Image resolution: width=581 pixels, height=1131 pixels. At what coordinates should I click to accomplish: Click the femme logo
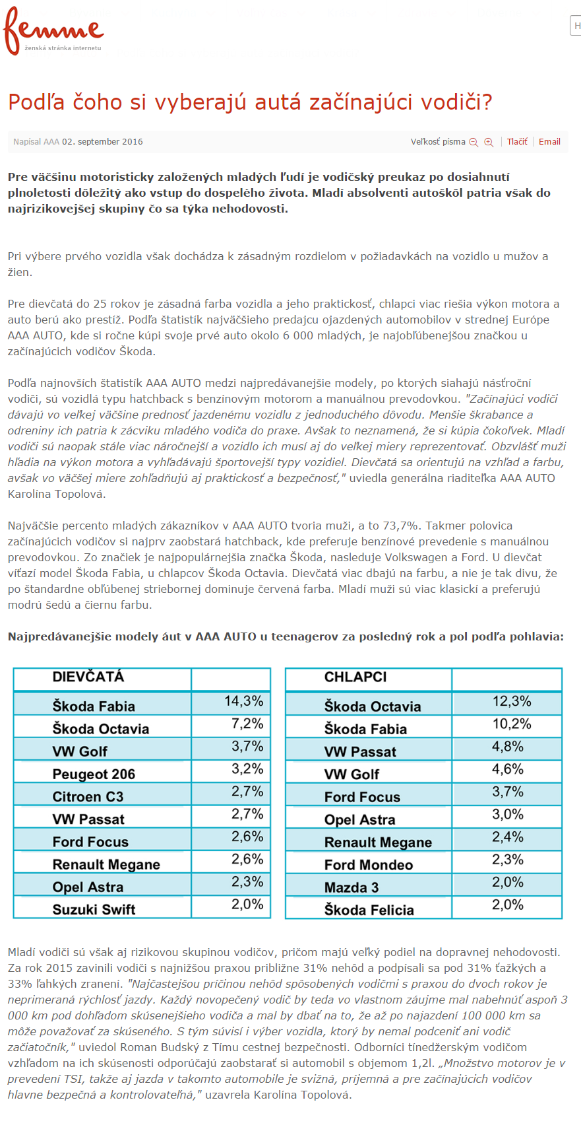point(53,30)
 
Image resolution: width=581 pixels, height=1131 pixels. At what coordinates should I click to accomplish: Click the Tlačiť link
point(517,142)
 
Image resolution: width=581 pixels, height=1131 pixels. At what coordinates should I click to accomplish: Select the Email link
point(549,142)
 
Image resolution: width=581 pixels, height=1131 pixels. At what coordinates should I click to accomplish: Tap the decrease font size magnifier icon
point(474,143)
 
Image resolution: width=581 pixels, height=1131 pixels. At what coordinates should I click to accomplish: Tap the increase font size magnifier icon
point(489,143)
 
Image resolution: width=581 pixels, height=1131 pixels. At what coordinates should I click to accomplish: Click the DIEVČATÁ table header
point(88,677)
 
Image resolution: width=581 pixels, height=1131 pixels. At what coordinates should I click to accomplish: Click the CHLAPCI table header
point(355,677)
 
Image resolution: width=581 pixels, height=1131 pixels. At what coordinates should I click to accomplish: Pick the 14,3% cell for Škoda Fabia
point(243,701)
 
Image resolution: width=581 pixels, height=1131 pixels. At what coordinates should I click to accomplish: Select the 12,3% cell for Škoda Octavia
point(512,701)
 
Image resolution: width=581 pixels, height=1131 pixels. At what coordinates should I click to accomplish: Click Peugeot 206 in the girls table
point(94,774)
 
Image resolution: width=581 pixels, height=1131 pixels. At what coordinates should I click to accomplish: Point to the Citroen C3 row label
point(88,797)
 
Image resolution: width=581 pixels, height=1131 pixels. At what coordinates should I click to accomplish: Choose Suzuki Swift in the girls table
point(94,910)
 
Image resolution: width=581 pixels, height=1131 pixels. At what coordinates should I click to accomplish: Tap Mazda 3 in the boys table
point(352,887)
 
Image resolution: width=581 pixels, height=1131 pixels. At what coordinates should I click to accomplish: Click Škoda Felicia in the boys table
point(369,910)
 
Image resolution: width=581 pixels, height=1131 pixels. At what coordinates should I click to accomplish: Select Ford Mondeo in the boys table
point(368,865)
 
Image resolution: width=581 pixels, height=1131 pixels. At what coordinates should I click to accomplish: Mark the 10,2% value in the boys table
point(512,724)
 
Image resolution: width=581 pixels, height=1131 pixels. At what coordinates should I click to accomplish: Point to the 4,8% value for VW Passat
point(508,747)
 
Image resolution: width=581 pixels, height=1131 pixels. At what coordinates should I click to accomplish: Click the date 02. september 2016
point(102,142)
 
